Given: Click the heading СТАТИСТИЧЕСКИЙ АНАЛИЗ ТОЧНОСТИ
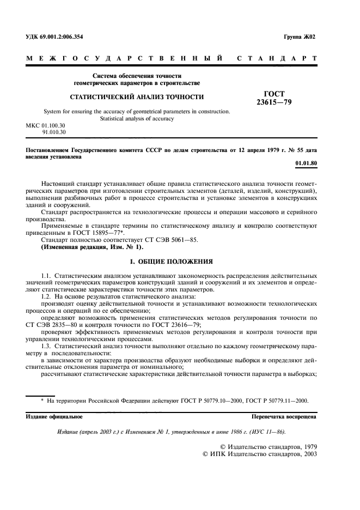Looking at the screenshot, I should tap(136, 98).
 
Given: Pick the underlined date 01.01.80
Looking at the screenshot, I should tap(304, 163).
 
